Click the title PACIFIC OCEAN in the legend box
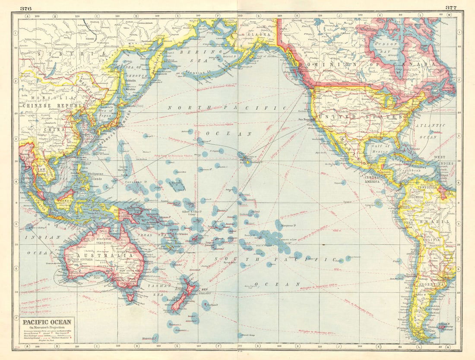[x=47, y=322]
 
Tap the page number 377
[x=451, y=7]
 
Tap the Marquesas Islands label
[x=284, y=225]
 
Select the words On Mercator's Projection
[x=47, y=328]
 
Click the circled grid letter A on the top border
[x=28, y=16]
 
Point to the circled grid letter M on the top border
[x=449, y=16]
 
